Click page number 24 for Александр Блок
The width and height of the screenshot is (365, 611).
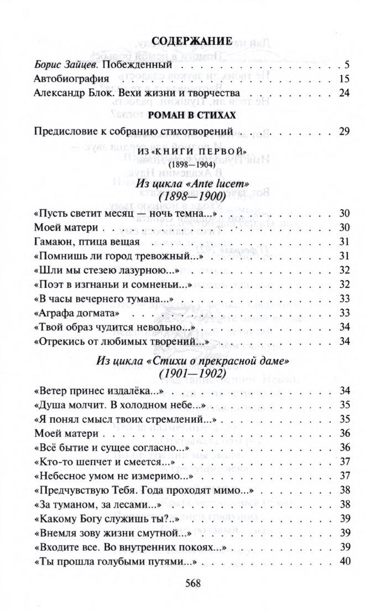click(344, 92)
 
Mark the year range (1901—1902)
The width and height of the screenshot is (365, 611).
click(191, 375)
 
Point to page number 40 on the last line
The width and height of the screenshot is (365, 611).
click(344, 561)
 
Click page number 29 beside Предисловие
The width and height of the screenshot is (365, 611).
click(344, 132)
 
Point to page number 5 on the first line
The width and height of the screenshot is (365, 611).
click(347, 64)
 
